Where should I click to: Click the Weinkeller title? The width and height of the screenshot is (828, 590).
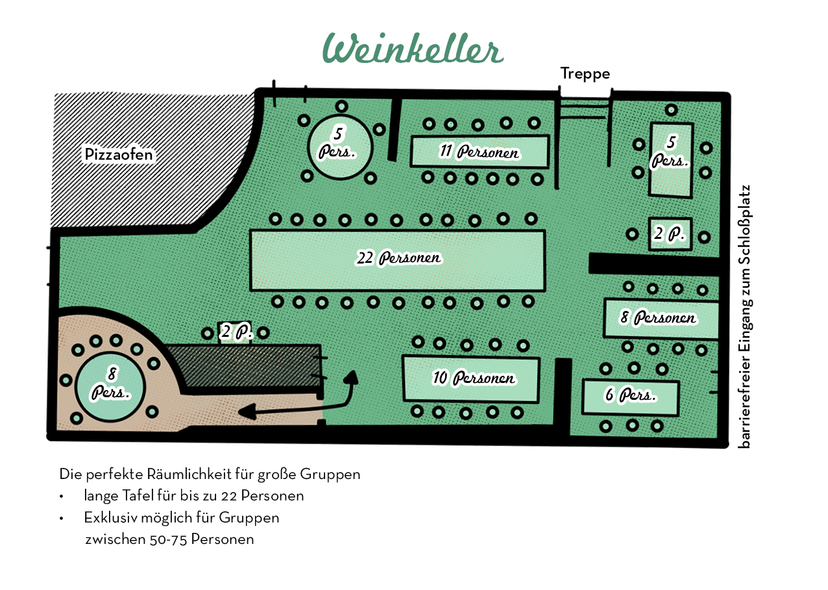[413, 49]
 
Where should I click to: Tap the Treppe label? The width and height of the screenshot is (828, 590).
[585, 74]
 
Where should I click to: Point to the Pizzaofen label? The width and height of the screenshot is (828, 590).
[119, 154]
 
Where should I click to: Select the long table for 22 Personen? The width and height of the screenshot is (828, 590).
[397, 260]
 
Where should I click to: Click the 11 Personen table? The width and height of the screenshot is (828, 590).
[480, 151]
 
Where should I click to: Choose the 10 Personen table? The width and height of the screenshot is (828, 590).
[470, 378]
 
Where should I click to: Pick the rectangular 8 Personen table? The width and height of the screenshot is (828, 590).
[660, 318]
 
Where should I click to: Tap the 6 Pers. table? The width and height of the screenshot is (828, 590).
[630, 397]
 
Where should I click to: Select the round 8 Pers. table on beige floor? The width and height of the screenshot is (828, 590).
[110, 387]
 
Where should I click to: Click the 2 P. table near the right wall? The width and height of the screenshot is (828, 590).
[670, 234]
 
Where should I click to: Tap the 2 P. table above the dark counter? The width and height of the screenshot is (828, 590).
[235, 333]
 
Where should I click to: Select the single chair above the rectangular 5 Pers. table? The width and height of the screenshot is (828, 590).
[671, 110]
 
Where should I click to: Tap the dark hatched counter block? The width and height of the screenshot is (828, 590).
[247, 367]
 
